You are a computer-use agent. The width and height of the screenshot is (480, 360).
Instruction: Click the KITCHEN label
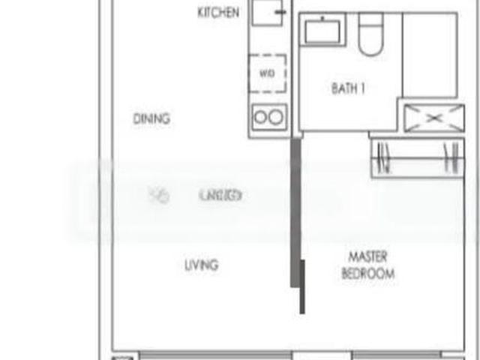[218, 13]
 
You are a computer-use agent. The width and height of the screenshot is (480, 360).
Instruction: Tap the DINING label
[151, 118]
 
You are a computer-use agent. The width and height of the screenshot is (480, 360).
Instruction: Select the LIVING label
[201, 265]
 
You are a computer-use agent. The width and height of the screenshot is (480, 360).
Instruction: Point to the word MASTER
[367, 256]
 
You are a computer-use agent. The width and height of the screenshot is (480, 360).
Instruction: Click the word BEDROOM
[367, 274]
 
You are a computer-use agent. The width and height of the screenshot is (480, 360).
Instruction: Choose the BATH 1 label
[348, 88]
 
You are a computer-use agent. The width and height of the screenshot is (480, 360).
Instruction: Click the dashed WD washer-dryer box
[268, 73]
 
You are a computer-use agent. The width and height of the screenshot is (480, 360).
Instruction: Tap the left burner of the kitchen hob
[261, 117]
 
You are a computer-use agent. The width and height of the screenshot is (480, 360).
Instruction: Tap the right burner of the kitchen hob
[276, 117]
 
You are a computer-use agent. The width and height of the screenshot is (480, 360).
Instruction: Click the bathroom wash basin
[323, 33]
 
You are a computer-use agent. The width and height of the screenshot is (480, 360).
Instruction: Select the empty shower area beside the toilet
[430, 54]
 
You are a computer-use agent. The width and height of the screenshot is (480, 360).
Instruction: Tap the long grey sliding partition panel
[295, 214]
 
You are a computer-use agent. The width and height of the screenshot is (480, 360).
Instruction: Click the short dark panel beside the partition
[302, 287]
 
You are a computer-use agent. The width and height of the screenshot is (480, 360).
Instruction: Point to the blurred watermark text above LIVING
[220, 196]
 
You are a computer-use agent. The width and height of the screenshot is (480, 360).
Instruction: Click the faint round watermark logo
[159, 196]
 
